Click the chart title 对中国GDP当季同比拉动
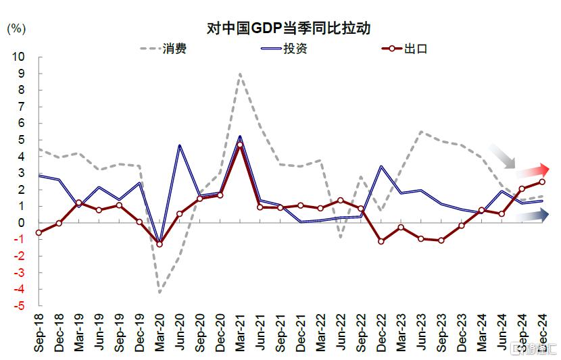point(291,28)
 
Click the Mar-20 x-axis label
point(160,332)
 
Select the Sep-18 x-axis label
point(40,332)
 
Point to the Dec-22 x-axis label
point(381,332)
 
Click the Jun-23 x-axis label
point(421,332)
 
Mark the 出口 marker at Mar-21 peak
point(240,145)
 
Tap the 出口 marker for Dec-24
point(542,182)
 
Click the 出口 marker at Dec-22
point(381,241)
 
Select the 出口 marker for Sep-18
point(39,232)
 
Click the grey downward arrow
point(504,157)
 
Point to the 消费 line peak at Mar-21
point(240,74)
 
